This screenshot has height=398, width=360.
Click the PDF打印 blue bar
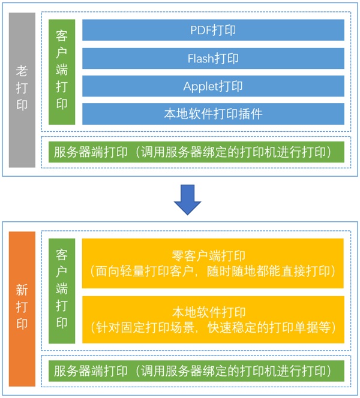(213, 30)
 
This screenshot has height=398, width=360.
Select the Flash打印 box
(213, 58)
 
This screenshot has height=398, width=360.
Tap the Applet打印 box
(213, 86)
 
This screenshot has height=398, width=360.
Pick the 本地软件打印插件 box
(213, 113)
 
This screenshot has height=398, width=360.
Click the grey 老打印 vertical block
(22, 90)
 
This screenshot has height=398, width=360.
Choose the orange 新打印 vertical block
(22, 307)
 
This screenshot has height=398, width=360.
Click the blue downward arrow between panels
(188, 199)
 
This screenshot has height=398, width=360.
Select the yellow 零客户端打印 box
(213, 263)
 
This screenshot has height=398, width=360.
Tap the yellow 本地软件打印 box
(213, 319)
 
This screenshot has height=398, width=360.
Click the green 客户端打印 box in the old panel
(62, 71)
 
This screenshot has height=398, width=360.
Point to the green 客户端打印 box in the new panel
(62, 291)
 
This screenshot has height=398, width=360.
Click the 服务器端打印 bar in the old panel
(196, 152)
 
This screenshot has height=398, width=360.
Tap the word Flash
(200, 58)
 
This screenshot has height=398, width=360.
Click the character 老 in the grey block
(22, 71)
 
